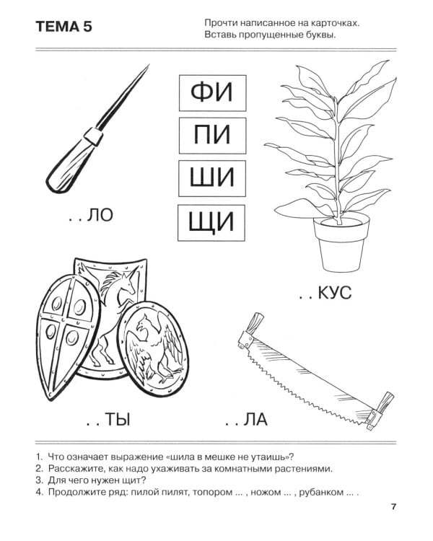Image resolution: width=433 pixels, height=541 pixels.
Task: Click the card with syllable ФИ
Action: point(211,92)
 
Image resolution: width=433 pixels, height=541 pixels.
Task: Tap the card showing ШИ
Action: point(211,177)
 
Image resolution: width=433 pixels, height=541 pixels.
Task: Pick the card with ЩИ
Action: point(211,221)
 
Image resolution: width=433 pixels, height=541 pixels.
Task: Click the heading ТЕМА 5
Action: point(64,27)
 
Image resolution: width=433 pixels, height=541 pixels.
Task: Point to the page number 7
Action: point(394,506)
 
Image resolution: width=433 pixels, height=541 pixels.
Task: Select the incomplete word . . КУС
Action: point(324,293)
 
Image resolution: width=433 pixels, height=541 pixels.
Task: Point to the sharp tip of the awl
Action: point(147,66)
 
